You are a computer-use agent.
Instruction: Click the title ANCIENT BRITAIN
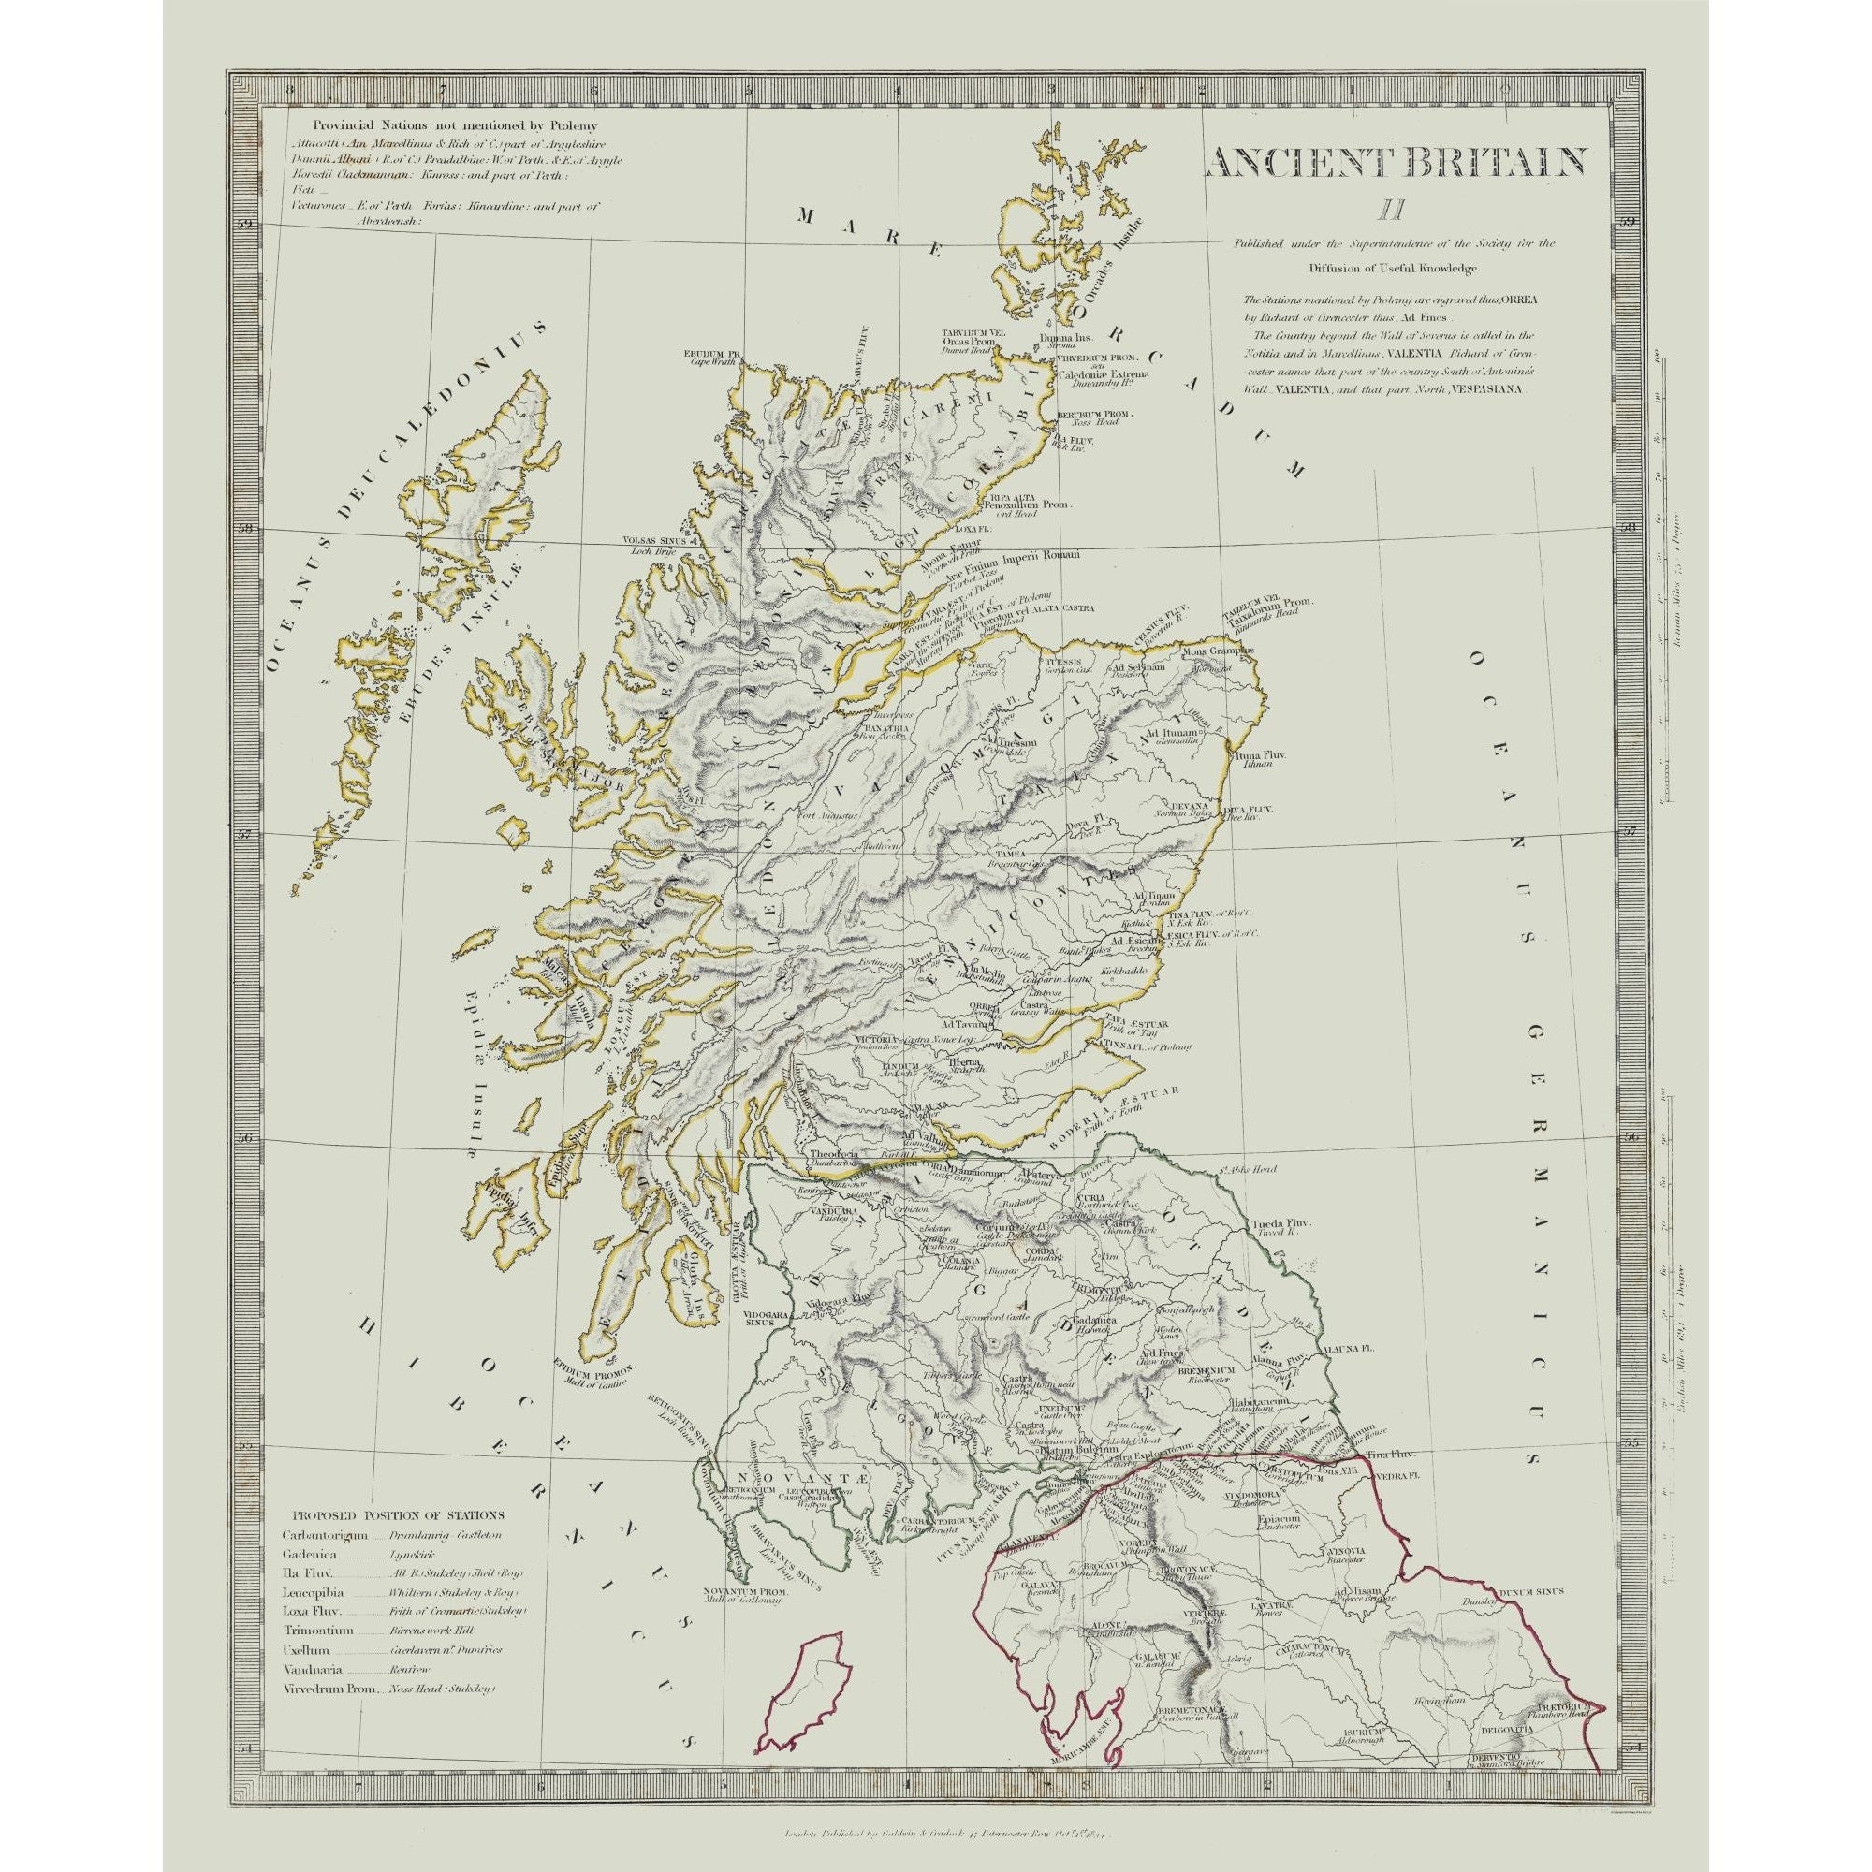coord(1397,163)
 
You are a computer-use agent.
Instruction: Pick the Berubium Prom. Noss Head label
coord(1094,418)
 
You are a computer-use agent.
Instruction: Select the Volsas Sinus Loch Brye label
coord(654,546)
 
